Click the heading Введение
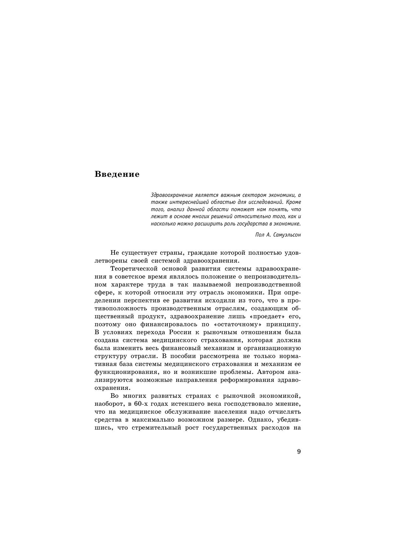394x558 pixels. tap(117, 174)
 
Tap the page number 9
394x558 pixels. tap(299, 451)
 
